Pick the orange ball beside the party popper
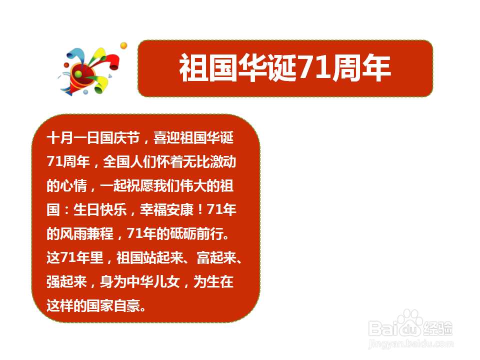pos(123,46)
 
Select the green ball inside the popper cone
pos(78,74)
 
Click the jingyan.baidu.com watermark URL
pos(410,344)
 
